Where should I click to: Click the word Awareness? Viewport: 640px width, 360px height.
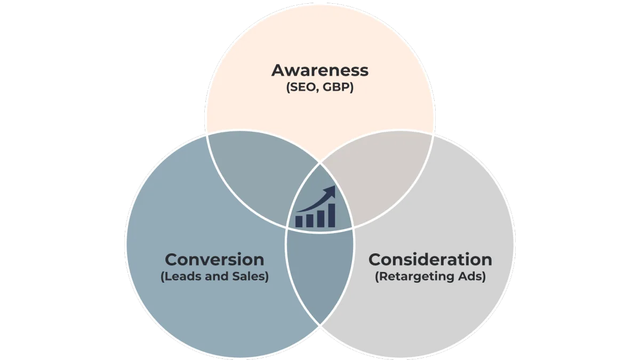click(x=319, y=70)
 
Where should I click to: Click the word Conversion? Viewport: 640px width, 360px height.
click(x=214, y=259)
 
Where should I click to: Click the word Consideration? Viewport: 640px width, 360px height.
click(x=430, y=259)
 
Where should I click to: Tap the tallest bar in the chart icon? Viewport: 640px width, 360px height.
click(x=331, y=215)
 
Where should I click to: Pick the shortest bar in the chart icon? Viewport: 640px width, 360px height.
click(x=299, y=221)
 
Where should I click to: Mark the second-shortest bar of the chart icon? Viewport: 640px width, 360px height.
click(x=310, y=221)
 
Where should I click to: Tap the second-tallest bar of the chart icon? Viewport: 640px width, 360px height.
click(x=321, y=219)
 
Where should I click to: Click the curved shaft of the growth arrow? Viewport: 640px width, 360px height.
click(x=313, y=205)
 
